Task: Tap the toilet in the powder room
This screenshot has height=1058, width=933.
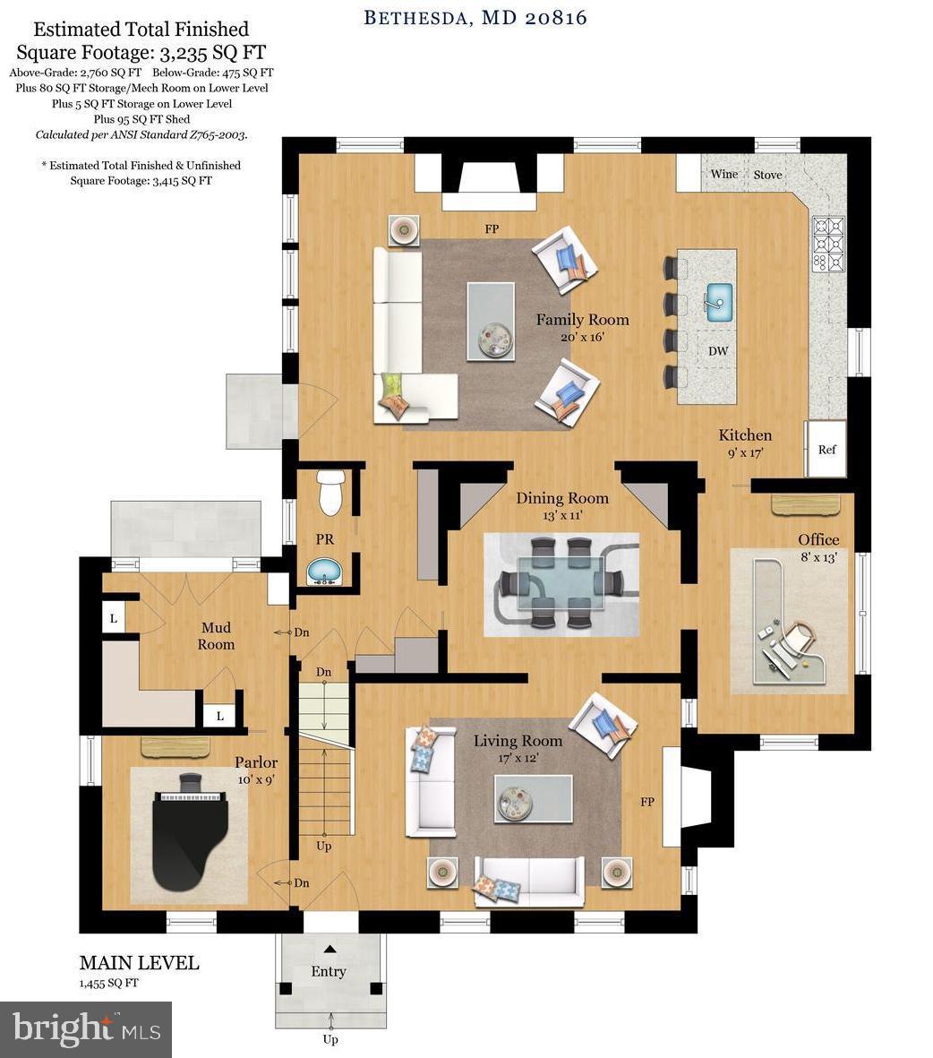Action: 330,493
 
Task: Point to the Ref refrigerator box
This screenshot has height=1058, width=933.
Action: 826,448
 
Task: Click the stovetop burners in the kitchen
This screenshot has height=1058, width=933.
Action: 827,244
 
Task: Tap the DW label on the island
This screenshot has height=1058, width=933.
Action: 718,351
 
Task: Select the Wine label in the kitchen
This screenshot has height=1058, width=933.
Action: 723,174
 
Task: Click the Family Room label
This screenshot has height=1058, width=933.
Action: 582,320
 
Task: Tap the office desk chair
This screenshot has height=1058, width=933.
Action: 800,639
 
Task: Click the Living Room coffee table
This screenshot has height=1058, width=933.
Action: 534,798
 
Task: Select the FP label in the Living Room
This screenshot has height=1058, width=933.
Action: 646,802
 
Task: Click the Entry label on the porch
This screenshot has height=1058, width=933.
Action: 329,971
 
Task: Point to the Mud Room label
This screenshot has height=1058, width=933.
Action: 216,636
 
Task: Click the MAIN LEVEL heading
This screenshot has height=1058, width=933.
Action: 139,963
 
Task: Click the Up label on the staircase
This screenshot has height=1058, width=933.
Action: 325,846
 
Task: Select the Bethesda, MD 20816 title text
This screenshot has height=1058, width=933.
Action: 475,17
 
